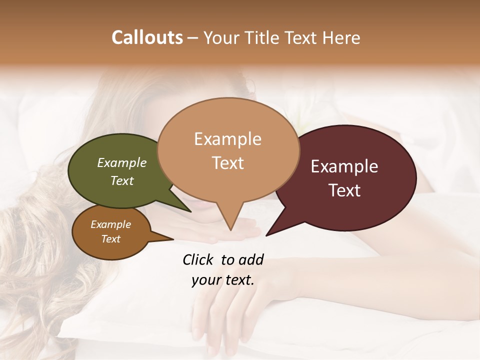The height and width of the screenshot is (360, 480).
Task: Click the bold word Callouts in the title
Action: pyautogui.click(x=147, y=37)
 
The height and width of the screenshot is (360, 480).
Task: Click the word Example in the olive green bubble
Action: pyautogui.click(x=122, y=162)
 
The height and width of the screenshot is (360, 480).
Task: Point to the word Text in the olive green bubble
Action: pyautogui.click(x=122, y=180)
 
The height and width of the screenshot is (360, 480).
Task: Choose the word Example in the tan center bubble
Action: pyautogui.click(x=227, y=139)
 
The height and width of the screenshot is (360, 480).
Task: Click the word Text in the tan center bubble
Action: pyautogui.click(x=227, y=163)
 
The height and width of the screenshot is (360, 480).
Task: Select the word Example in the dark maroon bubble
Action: pyautogui.click(x=344, y=166)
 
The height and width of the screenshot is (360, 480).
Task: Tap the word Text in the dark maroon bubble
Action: pyautogui.click(x=344, y=190)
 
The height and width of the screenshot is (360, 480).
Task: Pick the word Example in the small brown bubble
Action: pyautogui.click(x=111, y=224)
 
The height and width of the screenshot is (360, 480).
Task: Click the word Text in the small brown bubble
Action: pyautogui.click(x=111, y=239)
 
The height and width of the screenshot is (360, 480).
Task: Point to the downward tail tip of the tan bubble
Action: pyautogui.click(x=230, y=230)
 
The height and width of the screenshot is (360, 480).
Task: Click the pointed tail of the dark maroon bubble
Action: pyautogui.click(x=267, y=234)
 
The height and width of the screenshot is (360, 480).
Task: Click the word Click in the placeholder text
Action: pyautogui.click(x=199, y=259)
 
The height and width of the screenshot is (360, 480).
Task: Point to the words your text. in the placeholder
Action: pyautogui.click(x=223, y=280)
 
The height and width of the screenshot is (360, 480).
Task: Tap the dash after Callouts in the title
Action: pyautogui.click(x=191, y=37)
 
